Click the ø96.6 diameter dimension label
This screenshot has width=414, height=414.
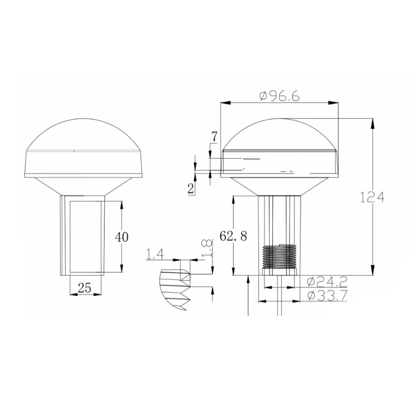280,96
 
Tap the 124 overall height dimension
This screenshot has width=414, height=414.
372,197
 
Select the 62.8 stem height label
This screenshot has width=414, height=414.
233,236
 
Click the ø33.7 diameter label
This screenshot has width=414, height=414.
327,296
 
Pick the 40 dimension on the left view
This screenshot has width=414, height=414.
122,237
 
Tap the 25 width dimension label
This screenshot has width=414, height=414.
84,287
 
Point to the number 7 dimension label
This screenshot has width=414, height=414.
214,137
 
